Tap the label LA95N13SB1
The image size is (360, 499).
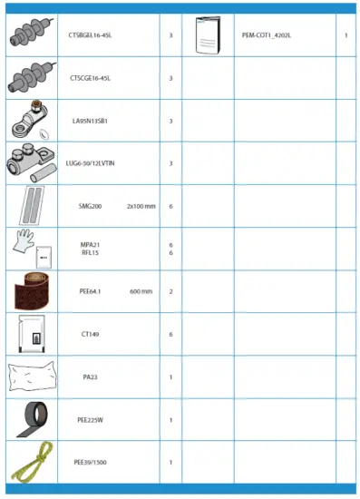click(95, 120)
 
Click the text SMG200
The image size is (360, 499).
click(90, 206)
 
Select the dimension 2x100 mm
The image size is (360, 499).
click(141, 206)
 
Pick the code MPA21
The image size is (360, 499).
click(90, 245)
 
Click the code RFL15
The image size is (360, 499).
click(90, 253)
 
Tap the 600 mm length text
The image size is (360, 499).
click(141, 291)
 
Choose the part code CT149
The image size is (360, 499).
click(90, 334)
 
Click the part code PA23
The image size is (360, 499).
click(90, 377)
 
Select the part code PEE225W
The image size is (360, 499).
click(90, 420)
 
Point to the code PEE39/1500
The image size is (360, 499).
click(90, 463)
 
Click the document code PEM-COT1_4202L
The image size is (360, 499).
click(267, 35)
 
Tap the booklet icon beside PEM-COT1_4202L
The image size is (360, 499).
click(208, 36)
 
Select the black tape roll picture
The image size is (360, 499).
click(30, 419)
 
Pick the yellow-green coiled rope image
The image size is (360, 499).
click(30, 463)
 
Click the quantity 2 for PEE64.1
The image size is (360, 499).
click(170, 291)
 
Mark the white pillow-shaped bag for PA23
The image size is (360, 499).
click(30, 377)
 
